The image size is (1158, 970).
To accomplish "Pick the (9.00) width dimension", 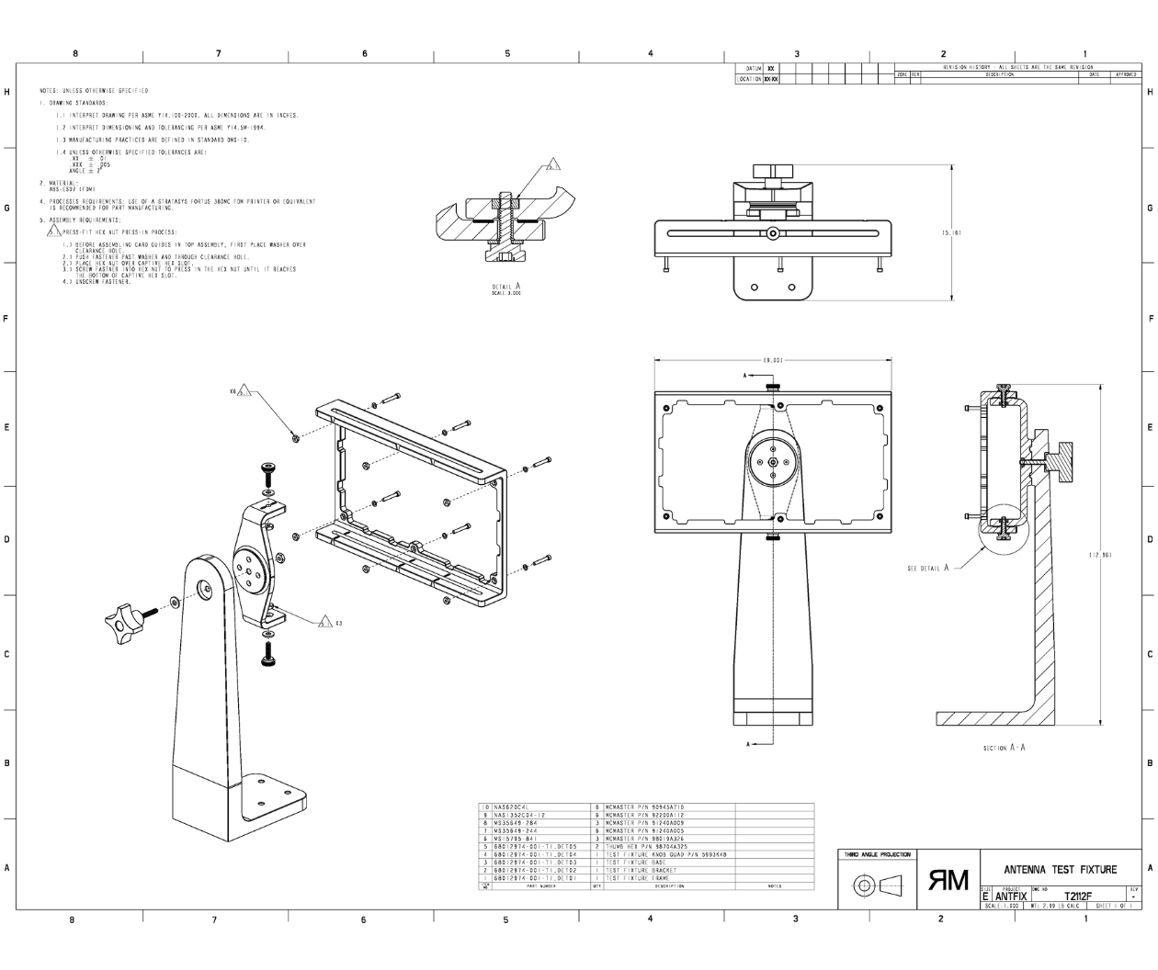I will click(x=772, y=360).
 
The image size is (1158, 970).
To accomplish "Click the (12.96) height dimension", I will click(x=1101, y=555).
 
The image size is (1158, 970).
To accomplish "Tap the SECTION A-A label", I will click(x=1004, y=747).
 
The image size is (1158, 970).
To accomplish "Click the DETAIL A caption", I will click(x=506, y=288).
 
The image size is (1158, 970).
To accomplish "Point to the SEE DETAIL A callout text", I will click(x=927, y=568).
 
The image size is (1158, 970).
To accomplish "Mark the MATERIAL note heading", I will click(x=59, y=183).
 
